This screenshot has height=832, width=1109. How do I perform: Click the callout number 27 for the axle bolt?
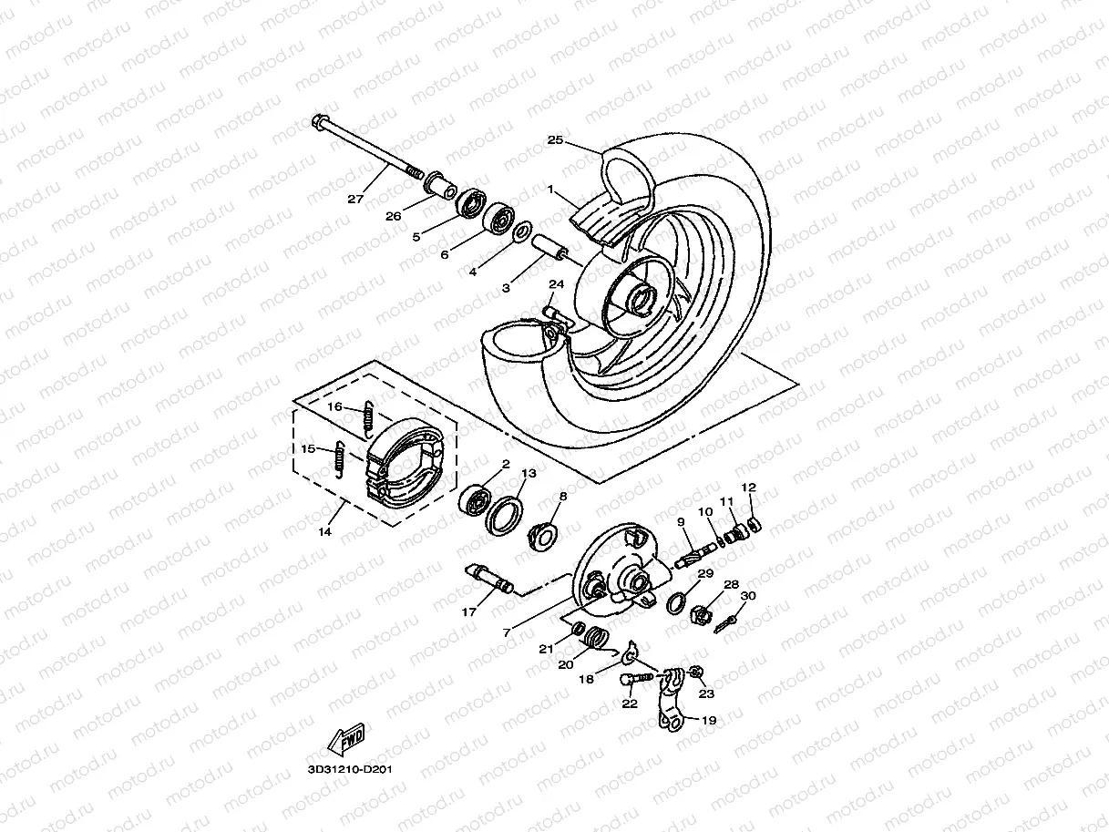point(356,198)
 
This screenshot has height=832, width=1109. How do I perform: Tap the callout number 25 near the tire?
point(556,140)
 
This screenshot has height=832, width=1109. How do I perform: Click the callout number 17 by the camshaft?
point(469,612)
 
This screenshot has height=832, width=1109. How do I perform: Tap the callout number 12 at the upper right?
point(748,488)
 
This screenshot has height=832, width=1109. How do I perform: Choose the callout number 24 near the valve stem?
point(556,285)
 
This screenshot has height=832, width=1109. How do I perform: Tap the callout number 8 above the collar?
point(562,497)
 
